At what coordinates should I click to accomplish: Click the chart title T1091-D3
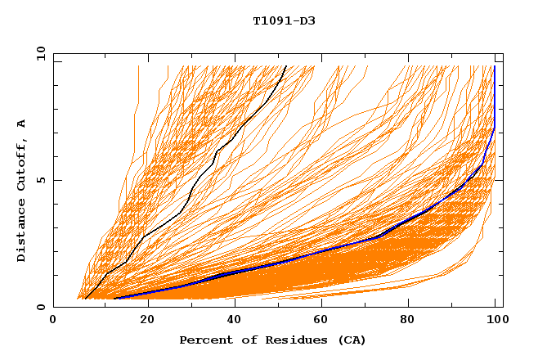tap(284, 20)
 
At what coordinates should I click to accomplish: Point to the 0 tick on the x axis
tap(53, 322)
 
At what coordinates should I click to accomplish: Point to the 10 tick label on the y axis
tap(39, 53)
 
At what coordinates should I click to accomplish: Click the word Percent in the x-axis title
tap(204, 340)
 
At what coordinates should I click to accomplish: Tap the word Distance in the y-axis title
tap(22, 233)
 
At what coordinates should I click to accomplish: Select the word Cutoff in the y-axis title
tap(22, 164)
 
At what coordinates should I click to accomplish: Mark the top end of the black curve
tap(285, 67)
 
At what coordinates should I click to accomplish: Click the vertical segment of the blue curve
tap(494, 98)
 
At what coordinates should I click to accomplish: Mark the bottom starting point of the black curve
tap(85, 299)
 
